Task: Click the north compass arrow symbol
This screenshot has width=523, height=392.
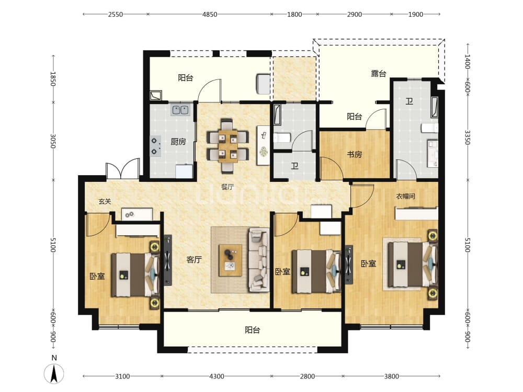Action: click(54, 373)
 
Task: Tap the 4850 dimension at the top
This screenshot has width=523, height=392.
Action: click(210, 14)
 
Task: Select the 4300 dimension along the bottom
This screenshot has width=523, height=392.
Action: click(217, 376)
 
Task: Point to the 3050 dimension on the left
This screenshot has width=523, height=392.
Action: click(53, 141)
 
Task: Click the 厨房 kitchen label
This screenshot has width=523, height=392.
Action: click(178, 142)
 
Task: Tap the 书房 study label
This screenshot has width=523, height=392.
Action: click(354, 154)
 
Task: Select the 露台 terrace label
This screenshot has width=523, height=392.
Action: click(379, 73)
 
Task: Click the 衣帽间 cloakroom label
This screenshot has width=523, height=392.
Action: click(406, 196)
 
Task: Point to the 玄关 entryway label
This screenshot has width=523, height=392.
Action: click(105, 201)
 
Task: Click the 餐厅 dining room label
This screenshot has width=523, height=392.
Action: click(227, 187)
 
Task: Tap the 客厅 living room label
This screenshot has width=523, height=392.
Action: click(194, 260)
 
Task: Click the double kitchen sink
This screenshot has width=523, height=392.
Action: click(180, 110)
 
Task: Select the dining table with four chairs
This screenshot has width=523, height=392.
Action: click(228, 146)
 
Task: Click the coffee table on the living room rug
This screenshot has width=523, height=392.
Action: click(230, 260)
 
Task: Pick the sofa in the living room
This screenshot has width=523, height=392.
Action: click(258, 260)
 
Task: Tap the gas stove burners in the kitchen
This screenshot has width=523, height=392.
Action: click(155, 146)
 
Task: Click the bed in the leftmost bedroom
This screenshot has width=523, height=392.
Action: click(135, 275)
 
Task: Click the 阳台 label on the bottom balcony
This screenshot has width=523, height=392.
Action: click(252, 330)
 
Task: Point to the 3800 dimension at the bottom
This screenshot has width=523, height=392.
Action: click(391, 376)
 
